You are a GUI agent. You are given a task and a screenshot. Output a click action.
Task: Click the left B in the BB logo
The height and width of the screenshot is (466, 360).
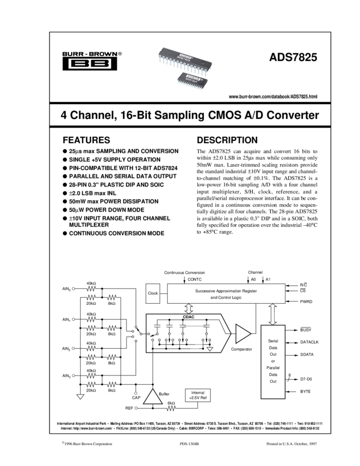(79, 64)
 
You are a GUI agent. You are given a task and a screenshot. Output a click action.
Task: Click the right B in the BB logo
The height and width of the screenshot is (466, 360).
(100, 64)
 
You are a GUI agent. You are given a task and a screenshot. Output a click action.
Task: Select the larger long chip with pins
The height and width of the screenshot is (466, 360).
(184, 60)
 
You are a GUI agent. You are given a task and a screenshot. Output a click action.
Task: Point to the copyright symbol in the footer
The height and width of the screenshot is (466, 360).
(63, 442)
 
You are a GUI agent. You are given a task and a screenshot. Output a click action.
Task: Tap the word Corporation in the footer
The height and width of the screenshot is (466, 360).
(103, 444)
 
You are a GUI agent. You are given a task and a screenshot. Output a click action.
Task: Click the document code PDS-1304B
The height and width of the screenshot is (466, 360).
(190, 444)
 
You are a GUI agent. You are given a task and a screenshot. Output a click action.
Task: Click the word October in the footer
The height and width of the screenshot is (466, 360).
(305, 444)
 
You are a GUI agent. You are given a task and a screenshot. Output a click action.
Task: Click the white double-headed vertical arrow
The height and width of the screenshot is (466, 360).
(272, 315)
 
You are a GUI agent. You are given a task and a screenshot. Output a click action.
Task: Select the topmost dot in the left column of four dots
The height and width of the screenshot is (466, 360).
(73, 289)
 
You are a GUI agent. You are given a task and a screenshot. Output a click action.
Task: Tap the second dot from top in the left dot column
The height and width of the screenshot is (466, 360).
(73, 320)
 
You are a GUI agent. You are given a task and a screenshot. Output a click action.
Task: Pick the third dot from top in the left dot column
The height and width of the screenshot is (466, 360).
(73, 348)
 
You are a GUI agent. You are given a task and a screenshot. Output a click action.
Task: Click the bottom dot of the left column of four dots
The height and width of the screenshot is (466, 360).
(73, 376)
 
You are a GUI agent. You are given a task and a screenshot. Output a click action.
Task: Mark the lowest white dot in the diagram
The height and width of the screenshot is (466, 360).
(135, 408)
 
